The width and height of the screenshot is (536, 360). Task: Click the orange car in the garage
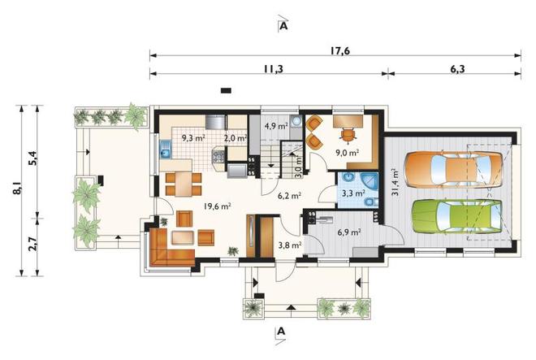pos(453,170)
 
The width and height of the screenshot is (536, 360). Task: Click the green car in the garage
pos(456,216)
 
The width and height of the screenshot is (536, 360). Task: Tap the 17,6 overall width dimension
pos(340,50)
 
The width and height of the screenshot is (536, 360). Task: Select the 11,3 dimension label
pos(274,69)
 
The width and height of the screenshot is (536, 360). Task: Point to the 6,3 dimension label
pos(457,69)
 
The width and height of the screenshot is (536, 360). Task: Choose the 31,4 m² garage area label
pos(395,182)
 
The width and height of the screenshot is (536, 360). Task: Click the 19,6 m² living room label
pos(218,206)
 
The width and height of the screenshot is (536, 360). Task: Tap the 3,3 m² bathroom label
pos(353,193)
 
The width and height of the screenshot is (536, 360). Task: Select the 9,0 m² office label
pos(348,153)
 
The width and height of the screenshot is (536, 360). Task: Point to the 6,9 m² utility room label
pos(349,232)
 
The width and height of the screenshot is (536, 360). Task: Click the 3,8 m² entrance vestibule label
pos(290,245)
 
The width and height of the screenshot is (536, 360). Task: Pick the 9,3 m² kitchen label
pos(193,138)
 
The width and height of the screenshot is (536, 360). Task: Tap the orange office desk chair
pos(348,134)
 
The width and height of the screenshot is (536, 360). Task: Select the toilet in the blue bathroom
pos(370,202)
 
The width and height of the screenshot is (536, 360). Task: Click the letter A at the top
pos(283,26)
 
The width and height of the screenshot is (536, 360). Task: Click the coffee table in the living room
pos(183,237)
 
